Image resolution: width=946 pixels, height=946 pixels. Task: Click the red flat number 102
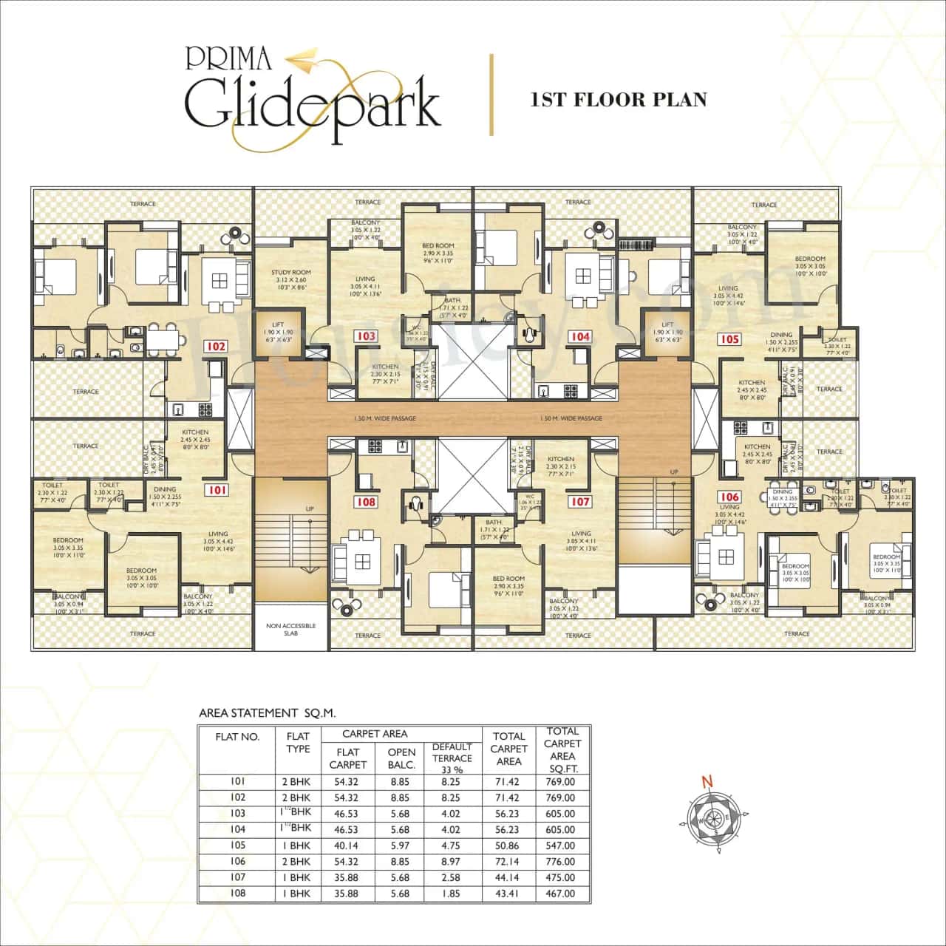[216, 346]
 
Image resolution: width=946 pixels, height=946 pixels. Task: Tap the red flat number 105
[729, 339]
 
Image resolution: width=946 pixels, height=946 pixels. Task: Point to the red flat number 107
[580, 502]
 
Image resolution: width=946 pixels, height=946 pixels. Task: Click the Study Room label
[290, 272]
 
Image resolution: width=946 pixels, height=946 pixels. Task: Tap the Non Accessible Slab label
[290, 629]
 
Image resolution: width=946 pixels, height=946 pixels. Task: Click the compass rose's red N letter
[707, 781]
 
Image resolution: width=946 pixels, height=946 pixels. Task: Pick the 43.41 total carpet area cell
[508, 894]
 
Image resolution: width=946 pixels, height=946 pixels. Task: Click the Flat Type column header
[298, 742]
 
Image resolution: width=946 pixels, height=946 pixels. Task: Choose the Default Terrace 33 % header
[452, 758]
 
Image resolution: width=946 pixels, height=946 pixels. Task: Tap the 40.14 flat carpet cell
[347, 845]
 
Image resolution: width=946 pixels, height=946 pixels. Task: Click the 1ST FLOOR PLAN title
[618, 100]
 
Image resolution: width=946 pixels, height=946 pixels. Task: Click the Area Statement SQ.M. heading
[268, 713]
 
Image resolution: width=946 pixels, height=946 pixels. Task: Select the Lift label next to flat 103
[278, 324]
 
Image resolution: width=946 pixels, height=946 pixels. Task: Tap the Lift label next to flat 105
[667, 324]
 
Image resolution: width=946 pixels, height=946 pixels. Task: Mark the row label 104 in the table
[238, 829]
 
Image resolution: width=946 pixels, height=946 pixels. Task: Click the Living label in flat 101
[218, 534]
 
